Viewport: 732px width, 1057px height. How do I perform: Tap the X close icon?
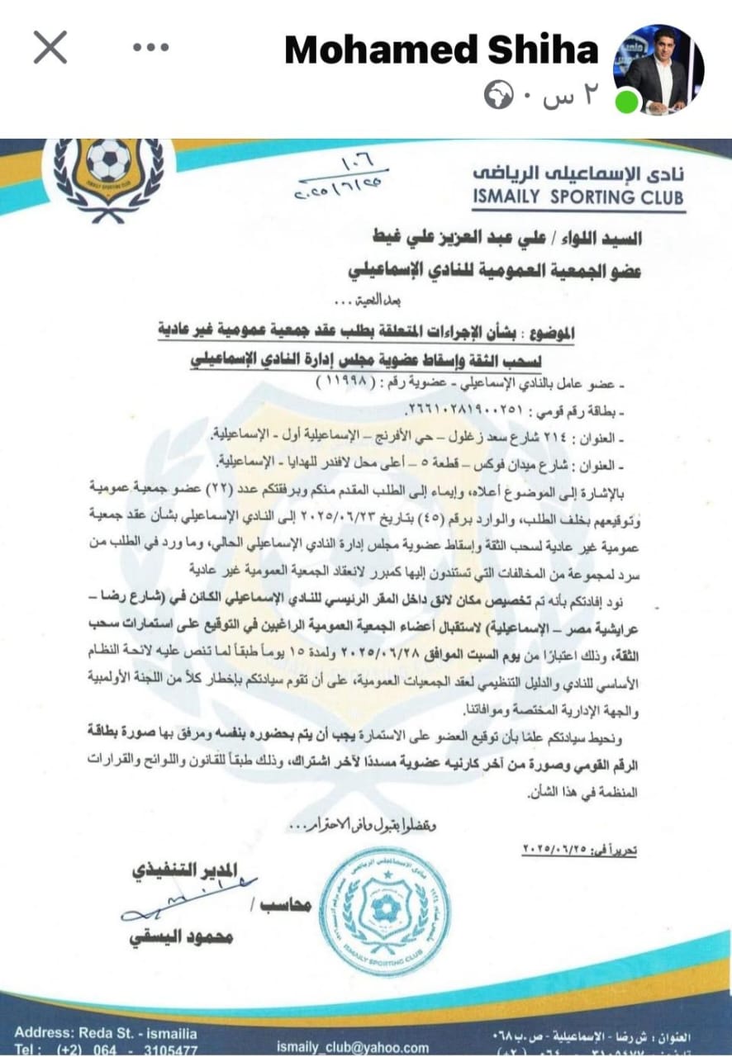[50, 48]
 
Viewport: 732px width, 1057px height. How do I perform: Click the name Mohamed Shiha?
[441, 50]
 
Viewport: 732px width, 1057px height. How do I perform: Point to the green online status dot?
[630, 101]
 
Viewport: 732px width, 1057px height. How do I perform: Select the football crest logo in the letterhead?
[108, 172]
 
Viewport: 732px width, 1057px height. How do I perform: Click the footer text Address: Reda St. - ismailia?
[105, 1033]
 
